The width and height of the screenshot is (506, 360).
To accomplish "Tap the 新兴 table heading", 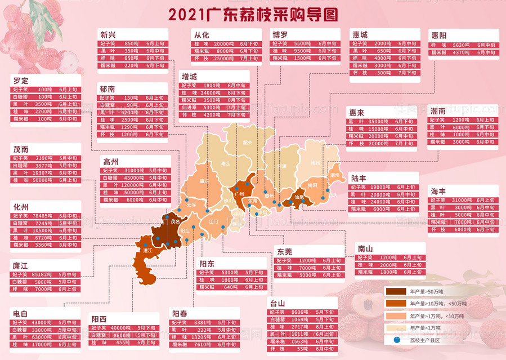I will (109, 34).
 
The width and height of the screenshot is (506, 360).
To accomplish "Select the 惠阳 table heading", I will (440, 35).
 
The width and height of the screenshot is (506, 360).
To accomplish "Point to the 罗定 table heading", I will (20, 79).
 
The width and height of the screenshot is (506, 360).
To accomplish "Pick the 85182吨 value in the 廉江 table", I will (43, 274).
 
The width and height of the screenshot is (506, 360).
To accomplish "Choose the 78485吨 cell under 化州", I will (43, 216).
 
